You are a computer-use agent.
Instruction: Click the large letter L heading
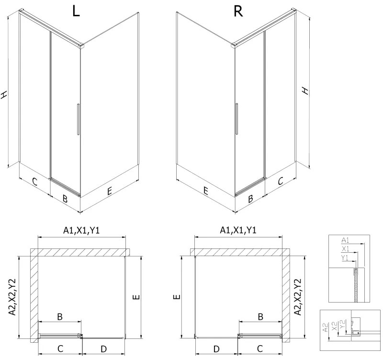click(76, 11)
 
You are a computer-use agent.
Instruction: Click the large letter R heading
click(237, 11)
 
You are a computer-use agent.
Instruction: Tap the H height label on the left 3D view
click(5, 95)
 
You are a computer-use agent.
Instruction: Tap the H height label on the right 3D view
click(304, 90)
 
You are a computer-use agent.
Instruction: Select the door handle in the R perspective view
click(236, 120)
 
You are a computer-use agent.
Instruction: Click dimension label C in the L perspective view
click(34, 181)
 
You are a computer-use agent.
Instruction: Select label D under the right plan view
click(216, 348)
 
